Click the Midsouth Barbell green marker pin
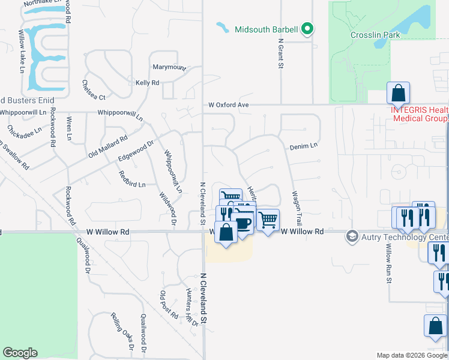307,29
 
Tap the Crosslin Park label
375,35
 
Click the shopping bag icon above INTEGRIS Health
398,93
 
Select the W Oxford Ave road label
229,104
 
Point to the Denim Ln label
303,145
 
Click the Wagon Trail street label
295,204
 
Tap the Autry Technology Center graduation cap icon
352,236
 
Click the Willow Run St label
389,264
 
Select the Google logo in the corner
20,353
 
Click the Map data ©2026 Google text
411,355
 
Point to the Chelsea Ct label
94,90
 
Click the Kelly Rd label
147,83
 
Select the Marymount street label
169,67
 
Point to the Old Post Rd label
169,305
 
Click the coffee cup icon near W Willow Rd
243,224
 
